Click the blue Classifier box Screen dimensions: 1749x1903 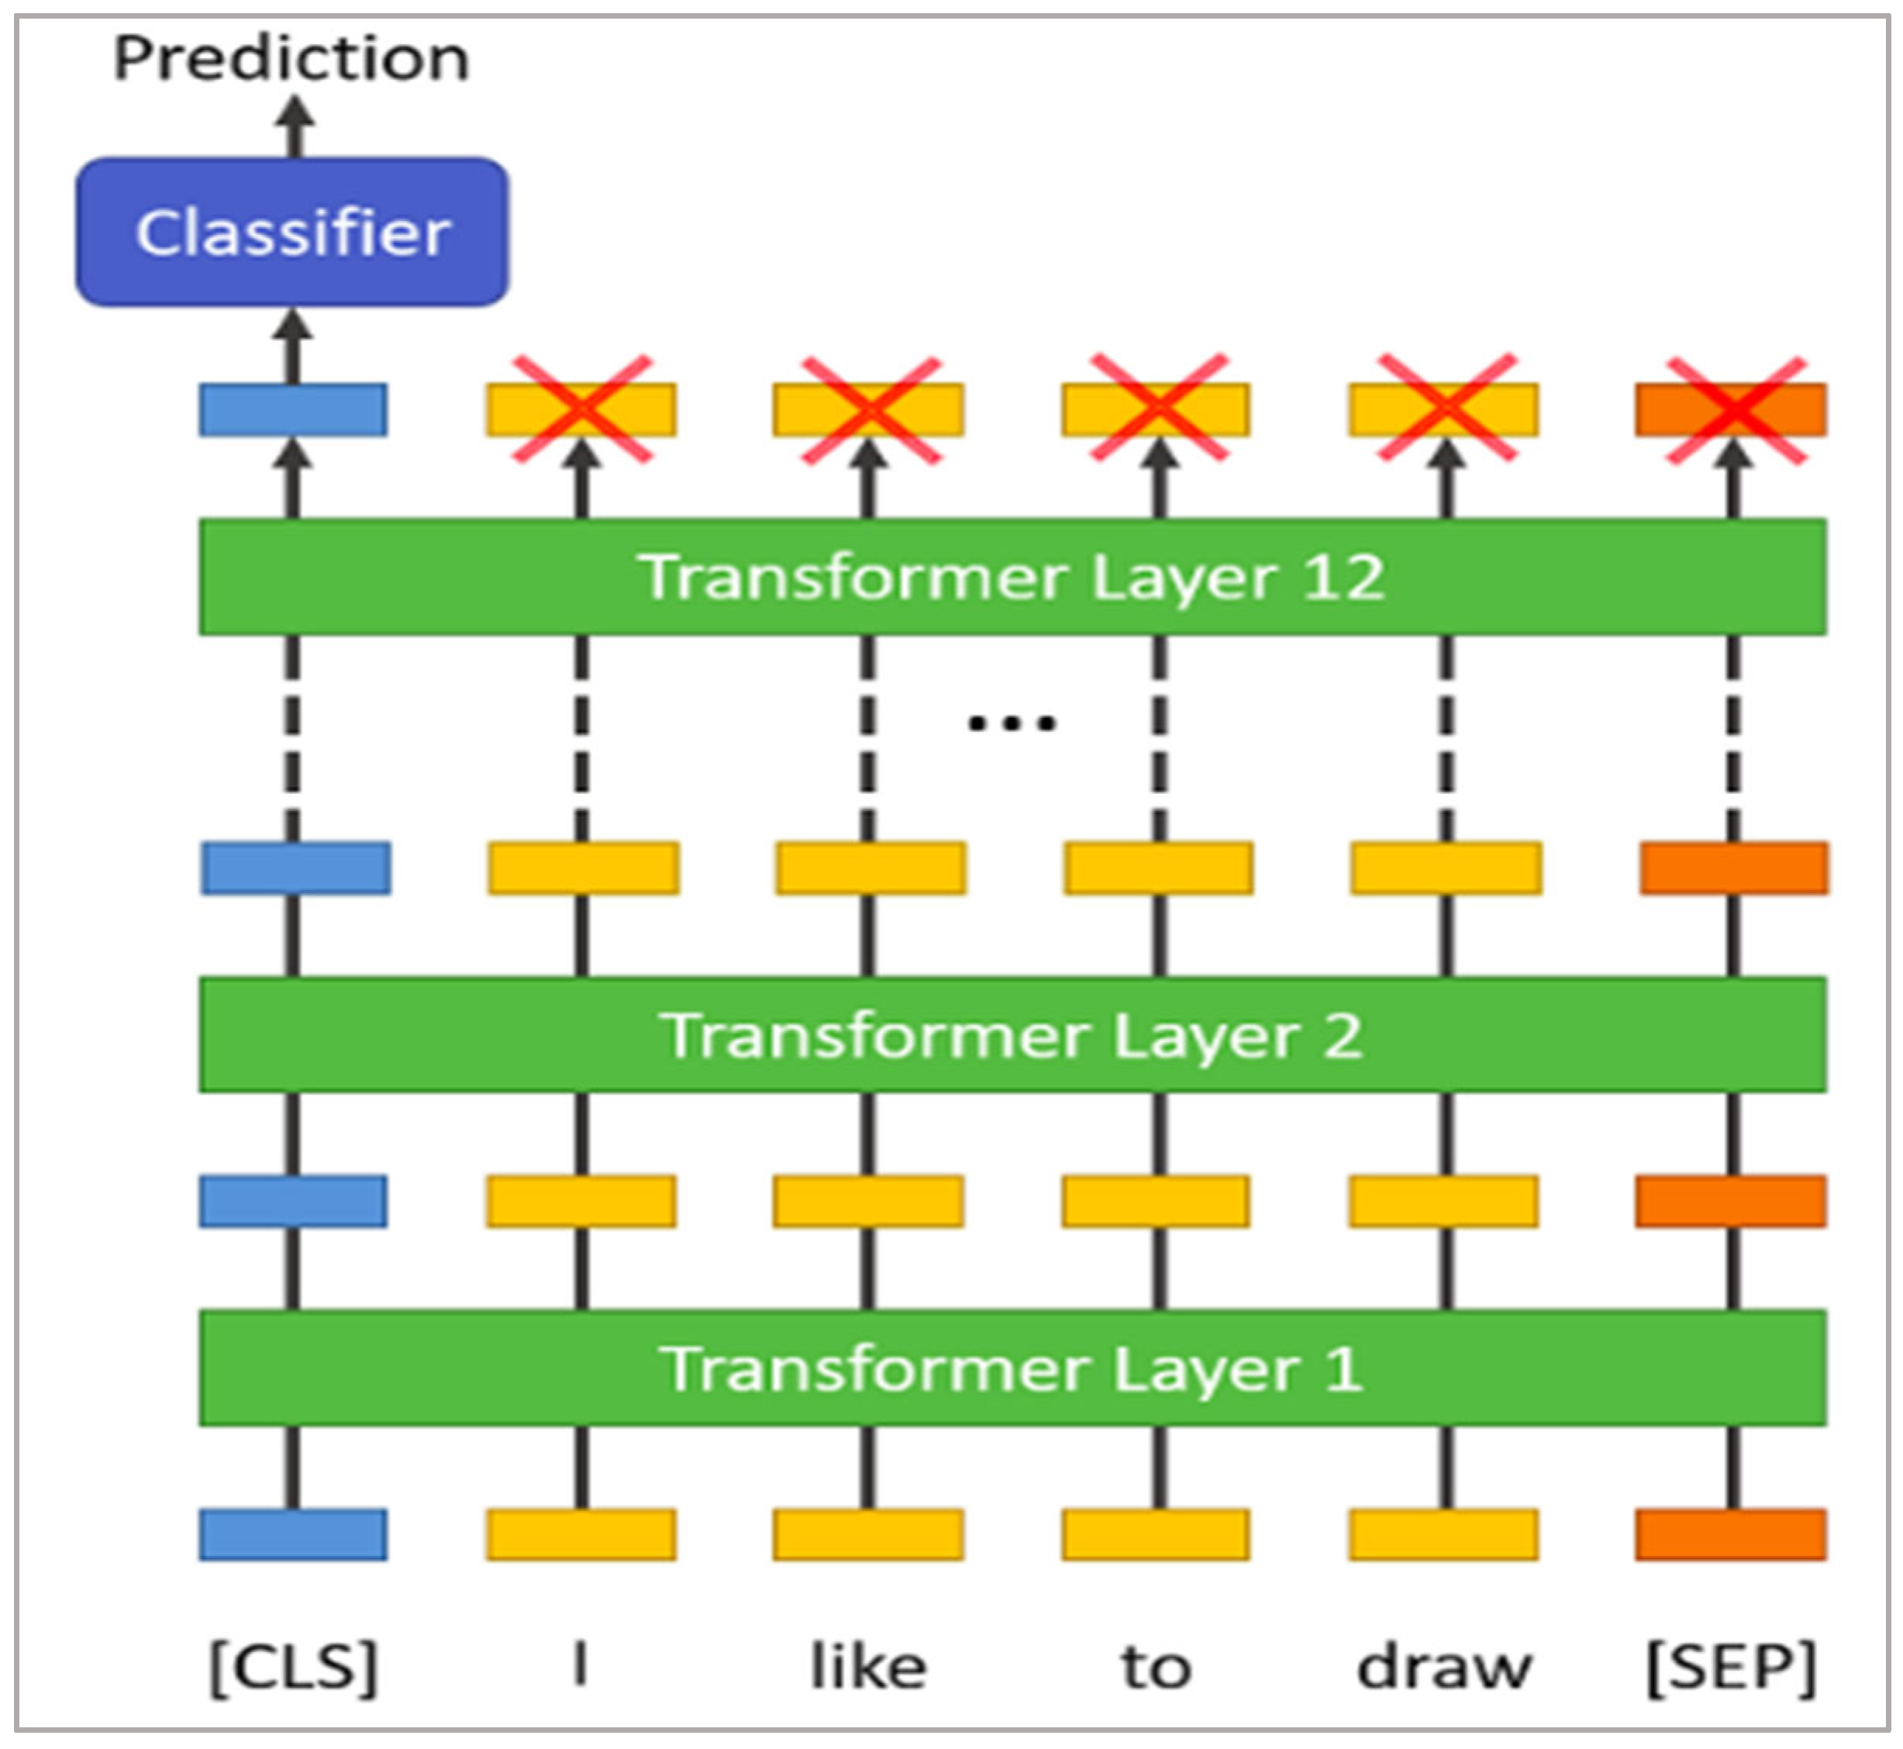point(291,232)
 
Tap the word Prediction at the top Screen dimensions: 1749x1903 point(291,59)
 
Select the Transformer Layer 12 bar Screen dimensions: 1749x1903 point(1012,576)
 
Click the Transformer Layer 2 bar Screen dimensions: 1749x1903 point(1012,1034)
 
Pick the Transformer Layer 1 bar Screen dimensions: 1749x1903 point(1012,1368)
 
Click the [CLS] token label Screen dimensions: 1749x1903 point(292,1668)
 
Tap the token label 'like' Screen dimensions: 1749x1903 point(867,1668)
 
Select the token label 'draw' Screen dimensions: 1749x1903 point(1444,1668)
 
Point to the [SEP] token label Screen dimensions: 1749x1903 point(1732,1668)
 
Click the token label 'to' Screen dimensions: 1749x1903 point(1156,1668)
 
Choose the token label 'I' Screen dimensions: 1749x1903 point(581,1666)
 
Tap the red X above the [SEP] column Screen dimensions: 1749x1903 point(1735,411)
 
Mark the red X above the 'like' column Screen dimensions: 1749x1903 point(870,410)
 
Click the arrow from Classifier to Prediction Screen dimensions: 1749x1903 point(295,129)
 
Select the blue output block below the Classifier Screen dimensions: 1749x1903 point(292,410)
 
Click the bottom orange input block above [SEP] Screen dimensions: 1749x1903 point(1731,1535)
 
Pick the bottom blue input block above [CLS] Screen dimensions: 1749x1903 point(292,1535)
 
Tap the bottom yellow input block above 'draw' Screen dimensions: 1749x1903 point(1443,1535)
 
